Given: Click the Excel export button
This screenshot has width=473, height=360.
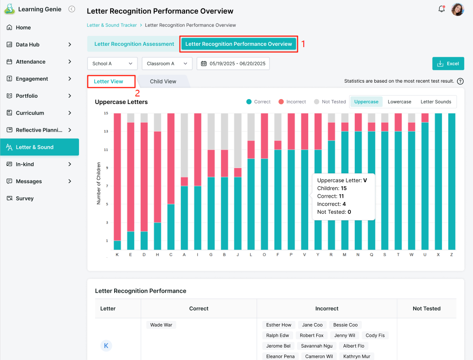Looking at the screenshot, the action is [x=448, y=64].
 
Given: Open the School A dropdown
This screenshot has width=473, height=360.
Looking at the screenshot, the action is [x=112, y=64].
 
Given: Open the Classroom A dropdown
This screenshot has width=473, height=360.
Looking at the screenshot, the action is [x=167, y=64].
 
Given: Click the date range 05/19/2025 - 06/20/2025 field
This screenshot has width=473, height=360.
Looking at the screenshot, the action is [x=233, y=64].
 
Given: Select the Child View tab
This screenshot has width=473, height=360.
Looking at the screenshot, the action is [x=163, y=81].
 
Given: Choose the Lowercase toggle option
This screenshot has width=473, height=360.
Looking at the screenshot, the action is [x=399, y=102].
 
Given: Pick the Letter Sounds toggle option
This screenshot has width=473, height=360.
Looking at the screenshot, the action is [x=436, y=102].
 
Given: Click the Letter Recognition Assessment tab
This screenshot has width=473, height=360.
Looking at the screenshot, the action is [x=134, y=44].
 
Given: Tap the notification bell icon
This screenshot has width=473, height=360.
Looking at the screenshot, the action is [x=441, y=9].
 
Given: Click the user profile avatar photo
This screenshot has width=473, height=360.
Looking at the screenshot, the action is [x=457, y=9].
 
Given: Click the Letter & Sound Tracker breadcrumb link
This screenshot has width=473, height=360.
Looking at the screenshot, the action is [x=112, y=25].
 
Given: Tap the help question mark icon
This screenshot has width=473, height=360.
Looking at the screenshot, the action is [x=460, y=81].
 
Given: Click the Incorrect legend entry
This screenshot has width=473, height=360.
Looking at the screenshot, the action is [x=292, y=102].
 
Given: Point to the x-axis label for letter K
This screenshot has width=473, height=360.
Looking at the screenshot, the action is [x=117, y=255].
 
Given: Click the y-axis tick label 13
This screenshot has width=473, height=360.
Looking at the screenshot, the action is [x=106, y=131].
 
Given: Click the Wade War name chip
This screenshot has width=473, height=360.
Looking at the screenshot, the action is [x=161, y=325].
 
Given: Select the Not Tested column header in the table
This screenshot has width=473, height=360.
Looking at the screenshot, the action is [x=426, y=308].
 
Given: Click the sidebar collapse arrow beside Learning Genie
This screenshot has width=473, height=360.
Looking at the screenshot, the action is [x=72, y=9].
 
